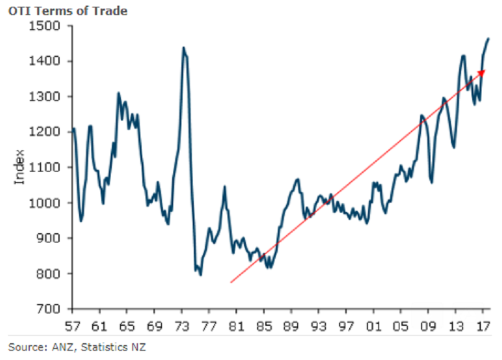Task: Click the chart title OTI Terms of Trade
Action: (x=67, y=11)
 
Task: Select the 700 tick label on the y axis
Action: (x=49, y=309)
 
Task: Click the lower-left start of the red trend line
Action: (x=230, y=283)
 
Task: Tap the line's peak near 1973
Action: (x=183, y=47)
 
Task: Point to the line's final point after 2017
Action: (x=488, y=39)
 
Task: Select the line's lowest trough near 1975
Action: (x=200, y=275)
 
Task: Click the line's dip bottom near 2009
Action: (x=432, y=182)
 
